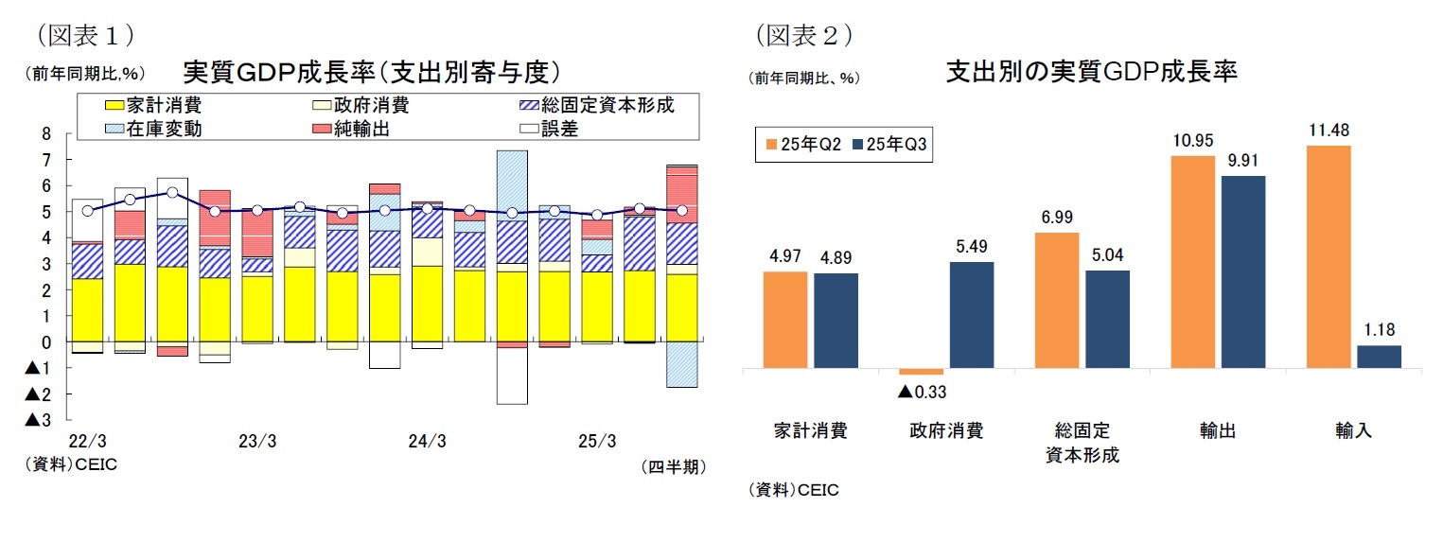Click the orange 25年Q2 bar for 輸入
(1328, 256)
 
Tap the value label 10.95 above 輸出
(1192, 141)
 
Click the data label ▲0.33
(922, 391)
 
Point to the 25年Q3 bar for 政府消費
(971, 314)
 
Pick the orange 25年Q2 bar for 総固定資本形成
(1056, 300)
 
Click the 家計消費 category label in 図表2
(809, 431)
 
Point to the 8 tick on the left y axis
(45, 134)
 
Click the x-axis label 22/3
(87, 441)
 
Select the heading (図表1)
(82, 35)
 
